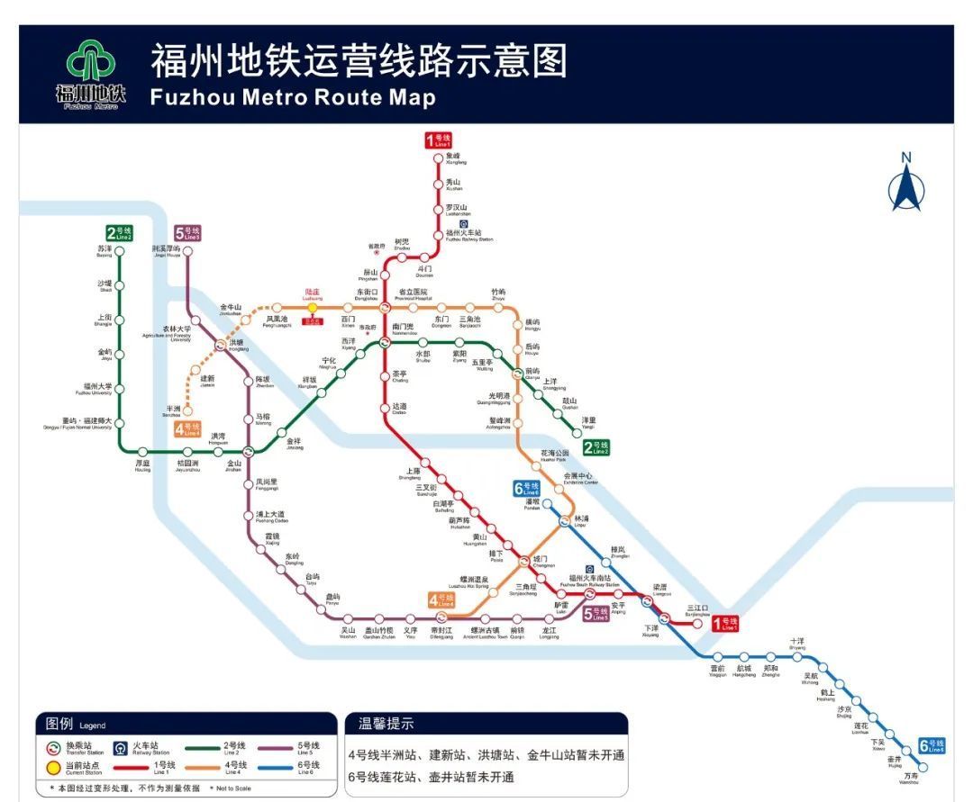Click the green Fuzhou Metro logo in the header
tap(90, 65)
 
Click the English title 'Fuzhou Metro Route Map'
tap(293, 97)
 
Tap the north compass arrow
tap(906, 185)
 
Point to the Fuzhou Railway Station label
tap(469, 237)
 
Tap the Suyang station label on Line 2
tap(105, 251)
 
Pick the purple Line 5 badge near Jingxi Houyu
tap(187, 233)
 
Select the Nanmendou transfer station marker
tap(385, 341)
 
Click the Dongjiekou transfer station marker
tap(385, 308)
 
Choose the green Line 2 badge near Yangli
tap(596, 447)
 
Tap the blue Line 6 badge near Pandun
tap(526, 488)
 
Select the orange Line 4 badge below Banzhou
tap(187, 429)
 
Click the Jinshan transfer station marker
tap(235, 452)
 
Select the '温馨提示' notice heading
tap(386, 724)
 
